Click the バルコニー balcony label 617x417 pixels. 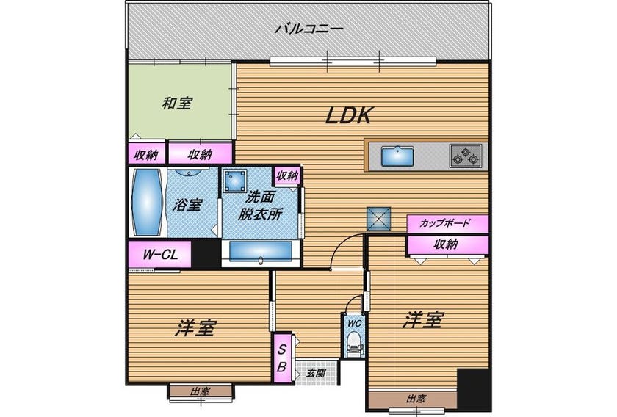click(x=309, y=29)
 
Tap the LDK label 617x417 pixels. click(x=349, y=116)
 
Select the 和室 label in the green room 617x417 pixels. click(x=177, y=104)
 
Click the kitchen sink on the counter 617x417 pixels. click(x=397, y=156)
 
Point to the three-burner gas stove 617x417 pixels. click(x=466, y=155)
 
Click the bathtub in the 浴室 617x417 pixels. click(x=147, y=202)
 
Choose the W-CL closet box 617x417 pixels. click(x=160, y=254)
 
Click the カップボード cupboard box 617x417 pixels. click(x=448, y=223)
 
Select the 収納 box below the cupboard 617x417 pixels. click(x=448, y=244)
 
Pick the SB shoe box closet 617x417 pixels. click(x=282, y=358)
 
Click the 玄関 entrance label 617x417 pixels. click(x=316, y=373)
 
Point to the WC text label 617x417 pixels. click(x=355, y=323)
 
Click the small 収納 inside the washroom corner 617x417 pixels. click(x=287, y=175)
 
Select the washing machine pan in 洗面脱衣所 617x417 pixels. click(x=235, y=181)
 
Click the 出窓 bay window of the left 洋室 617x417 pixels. click(x=201, y=392)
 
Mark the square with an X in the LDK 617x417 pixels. click(x=379, y=219)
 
